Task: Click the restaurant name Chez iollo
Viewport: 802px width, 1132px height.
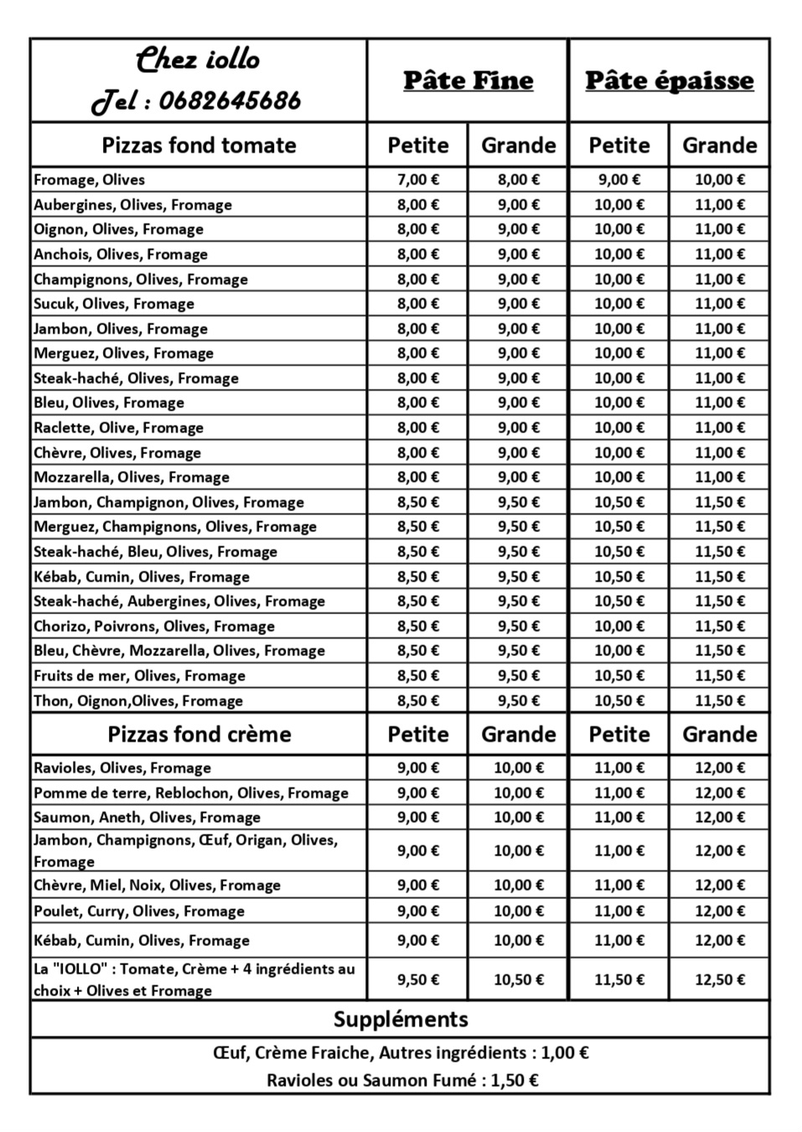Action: [198, 59]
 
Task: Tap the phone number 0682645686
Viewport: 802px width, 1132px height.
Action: [229, 101]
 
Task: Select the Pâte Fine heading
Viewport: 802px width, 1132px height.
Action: [468, 80]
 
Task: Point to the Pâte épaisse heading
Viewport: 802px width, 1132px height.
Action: [669, 80]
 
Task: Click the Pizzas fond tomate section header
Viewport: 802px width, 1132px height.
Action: [199, 145]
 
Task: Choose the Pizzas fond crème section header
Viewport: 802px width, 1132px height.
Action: [199, 734]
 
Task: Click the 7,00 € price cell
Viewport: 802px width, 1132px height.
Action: [417, 179]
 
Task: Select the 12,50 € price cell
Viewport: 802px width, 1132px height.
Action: [719, 980]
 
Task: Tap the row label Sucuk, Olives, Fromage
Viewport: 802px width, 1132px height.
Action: [114, 303]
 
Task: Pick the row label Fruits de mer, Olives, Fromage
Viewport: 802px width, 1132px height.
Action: [139, 675]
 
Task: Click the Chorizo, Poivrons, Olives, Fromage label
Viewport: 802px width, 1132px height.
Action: [154, 626]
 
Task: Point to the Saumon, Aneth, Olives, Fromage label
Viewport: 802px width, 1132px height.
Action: [147, 817]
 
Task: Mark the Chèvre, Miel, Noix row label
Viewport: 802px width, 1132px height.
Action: [157, 885]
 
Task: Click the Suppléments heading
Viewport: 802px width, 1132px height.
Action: [400, 1019]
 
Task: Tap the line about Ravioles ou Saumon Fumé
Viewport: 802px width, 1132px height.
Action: [401, 1080]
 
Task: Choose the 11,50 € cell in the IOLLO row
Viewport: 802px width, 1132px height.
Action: [618, 980]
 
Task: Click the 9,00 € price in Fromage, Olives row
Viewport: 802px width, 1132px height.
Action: [618, 179]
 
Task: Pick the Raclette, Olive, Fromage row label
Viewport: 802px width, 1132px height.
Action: [118, 427]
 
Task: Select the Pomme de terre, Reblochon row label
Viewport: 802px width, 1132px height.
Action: [190, 793]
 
